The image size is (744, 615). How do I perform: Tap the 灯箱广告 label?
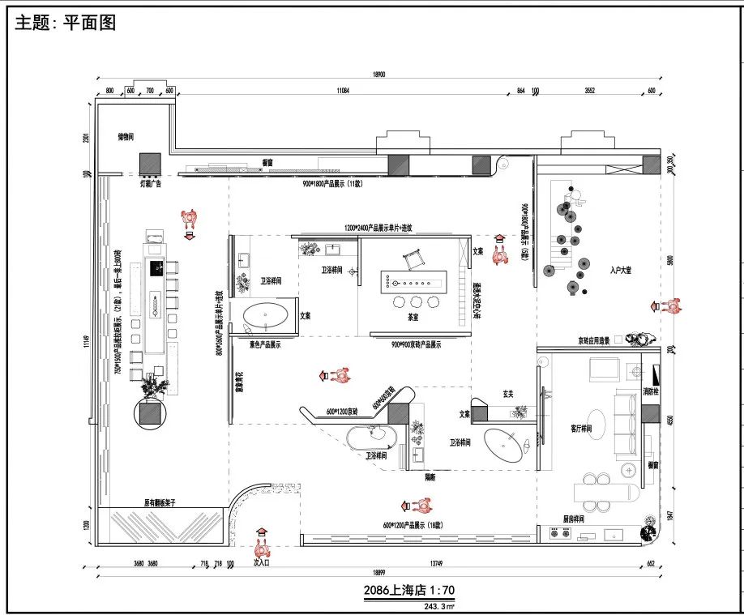tap(152, 184)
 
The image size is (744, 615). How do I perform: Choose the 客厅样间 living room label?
tap(571, 428)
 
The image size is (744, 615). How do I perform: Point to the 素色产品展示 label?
tap(259, 344)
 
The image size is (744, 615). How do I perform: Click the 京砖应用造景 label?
tap(599, 340)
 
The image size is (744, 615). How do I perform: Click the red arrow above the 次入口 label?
tap(261, 532)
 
